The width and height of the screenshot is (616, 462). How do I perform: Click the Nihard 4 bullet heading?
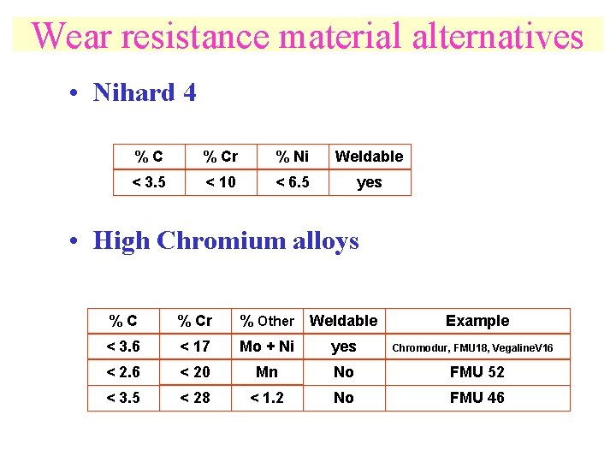click(144, 92)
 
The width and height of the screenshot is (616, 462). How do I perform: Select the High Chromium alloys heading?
click(226, 240)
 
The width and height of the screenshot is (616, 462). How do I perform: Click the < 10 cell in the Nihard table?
click(220, 182)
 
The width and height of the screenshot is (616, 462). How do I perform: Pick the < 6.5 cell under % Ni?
click(292, 182)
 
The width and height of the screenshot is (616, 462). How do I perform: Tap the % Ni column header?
click(292, 157)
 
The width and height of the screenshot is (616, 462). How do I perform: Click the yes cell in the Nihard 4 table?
click(369, 182)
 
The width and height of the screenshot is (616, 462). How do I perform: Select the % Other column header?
click(267, 321)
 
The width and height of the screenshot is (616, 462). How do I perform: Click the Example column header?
click(477, 321)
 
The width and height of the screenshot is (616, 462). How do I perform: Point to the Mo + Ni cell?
click(267, 346)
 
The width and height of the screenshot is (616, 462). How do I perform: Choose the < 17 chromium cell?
click(194, 346)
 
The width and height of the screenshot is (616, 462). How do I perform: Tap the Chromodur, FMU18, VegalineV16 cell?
click(472, 347)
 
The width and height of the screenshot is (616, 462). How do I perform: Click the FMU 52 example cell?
click(477, 372)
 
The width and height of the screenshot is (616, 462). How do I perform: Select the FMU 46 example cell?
click(477, 398)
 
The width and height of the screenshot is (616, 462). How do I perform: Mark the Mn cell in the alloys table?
click(267, 372)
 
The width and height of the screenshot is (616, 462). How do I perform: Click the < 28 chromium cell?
click(194, 398)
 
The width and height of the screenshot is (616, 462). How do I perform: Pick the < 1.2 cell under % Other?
click(267, 398)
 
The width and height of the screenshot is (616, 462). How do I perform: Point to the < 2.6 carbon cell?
click(122, 372)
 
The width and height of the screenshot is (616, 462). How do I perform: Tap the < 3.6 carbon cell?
click(122, 346)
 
